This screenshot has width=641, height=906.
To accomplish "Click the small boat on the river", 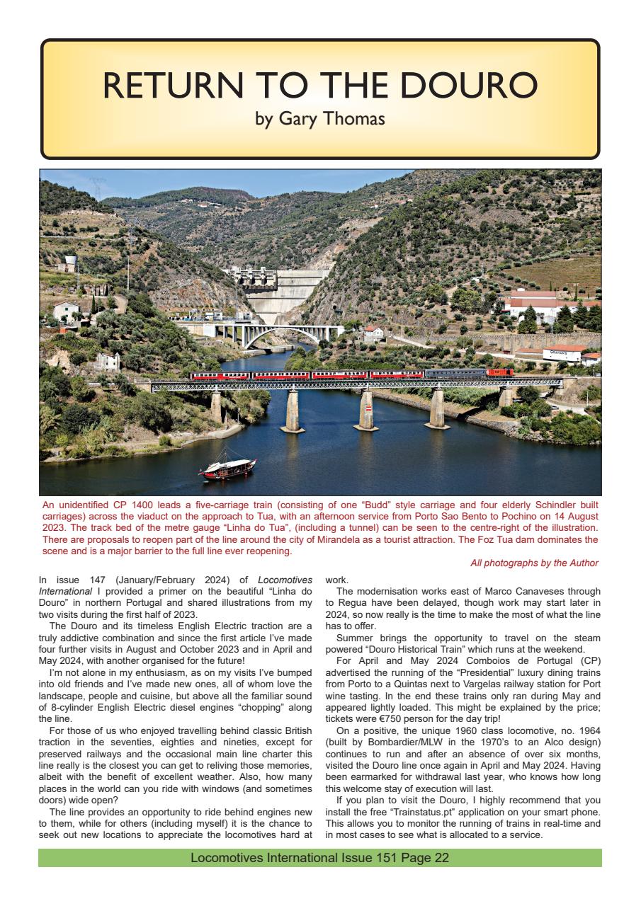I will pyautogui.click(x=227, y=469).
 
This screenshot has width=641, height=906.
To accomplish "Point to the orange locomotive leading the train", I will pyautogui.click(x=500, y=372).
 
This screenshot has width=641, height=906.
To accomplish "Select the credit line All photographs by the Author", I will pyautogui.click(x=534, y=563).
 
